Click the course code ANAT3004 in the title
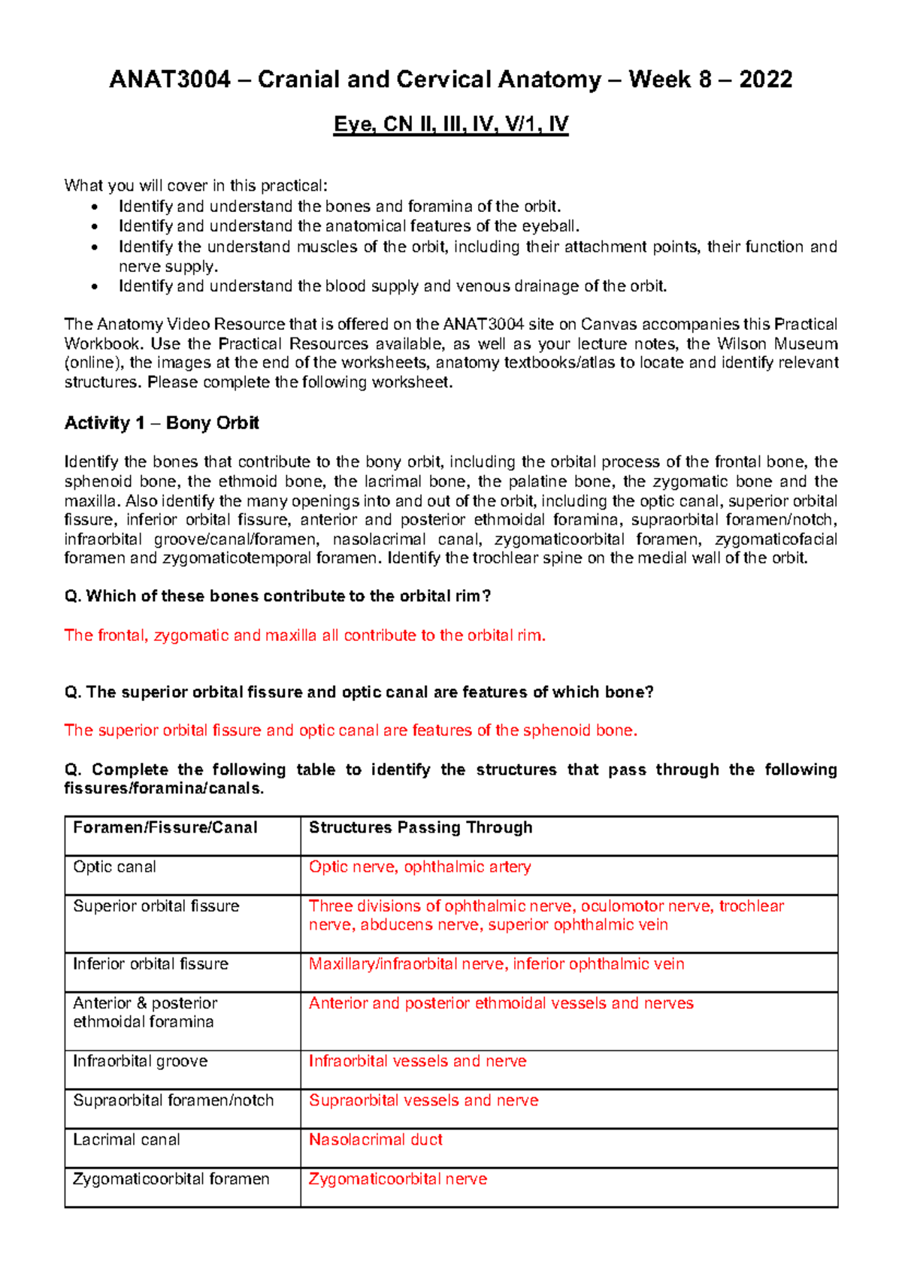(169, 80)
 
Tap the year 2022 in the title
(765, 80)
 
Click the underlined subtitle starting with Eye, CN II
(451, 124)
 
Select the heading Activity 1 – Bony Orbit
(162, 423)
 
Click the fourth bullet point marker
(93, 286)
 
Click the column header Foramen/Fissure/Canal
(165, 827)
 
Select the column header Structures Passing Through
(420, 827)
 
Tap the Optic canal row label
(114, 866)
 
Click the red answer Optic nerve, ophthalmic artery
(419, 866)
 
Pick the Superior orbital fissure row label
(156, 906)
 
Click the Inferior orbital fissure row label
(150, 964)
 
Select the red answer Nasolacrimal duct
(375, 1140)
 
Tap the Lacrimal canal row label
(126, 1140)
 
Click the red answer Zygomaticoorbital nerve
(398, 1179)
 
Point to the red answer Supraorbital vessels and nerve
(423, 1100)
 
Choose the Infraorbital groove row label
(140, 1061)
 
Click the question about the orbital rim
(277, 597)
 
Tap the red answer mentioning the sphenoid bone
(350, 730)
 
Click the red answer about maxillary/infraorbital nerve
(496, 964)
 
